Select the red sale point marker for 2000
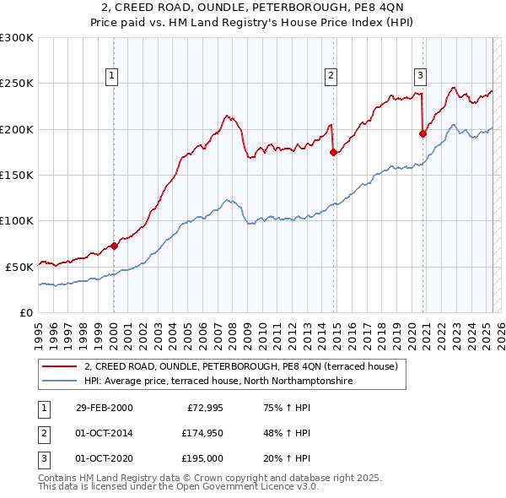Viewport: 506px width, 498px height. [x=114, y=246]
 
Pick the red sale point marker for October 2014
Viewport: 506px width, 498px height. [x=334, y=153]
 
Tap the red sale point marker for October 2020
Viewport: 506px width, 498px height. [x=423, y=133]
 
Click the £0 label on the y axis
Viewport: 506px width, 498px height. [x=26, y=311]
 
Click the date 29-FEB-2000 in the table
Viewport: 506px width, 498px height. [x=104, y=408]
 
